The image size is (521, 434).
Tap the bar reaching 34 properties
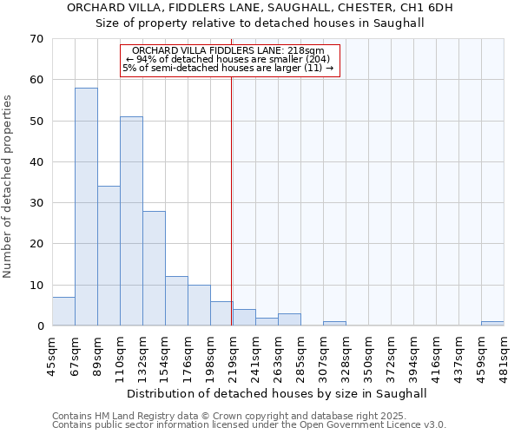coord(109,256)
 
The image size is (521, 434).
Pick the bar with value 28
coord(154,268)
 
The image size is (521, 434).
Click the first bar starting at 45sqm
coord(63,312)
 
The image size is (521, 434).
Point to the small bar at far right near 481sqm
coord(492,324)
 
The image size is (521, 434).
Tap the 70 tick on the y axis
coord(37,39)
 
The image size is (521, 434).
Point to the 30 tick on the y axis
coord(37,203)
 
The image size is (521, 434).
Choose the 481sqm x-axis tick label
coord(505,355)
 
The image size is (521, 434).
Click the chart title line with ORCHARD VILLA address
coord(260,8)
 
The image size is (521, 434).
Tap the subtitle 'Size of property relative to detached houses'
coord(260,23)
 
